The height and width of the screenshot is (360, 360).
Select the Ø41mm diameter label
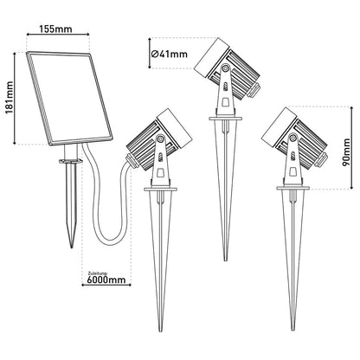[168, 55]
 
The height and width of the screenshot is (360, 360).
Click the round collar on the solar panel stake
[70, 163]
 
